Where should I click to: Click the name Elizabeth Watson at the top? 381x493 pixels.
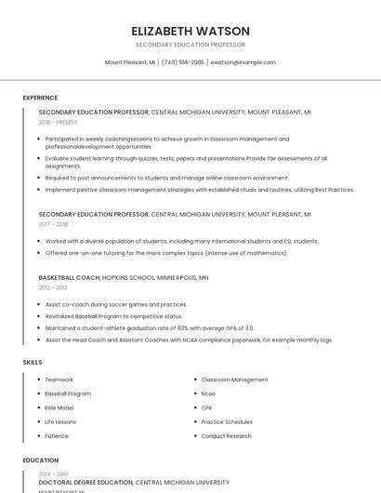tap(190, 30)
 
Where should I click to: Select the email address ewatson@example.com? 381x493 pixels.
tap(243, 62)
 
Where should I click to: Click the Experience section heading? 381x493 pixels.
tap(40, 98)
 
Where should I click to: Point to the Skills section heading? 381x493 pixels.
tap(33, 362)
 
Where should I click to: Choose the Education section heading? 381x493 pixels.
tap(40, 460)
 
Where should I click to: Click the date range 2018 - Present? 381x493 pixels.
tap(59, 122)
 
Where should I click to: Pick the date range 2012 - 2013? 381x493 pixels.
tap(53, 287)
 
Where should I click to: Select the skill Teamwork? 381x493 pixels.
tap(59, 380)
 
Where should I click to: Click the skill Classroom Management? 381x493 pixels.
tap(234, 380)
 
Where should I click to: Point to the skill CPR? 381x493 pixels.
tap(207, 407)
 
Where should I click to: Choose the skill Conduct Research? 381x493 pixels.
tap(226, 435)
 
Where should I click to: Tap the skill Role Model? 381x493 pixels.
tap(59, 407)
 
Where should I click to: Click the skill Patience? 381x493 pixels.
tap(57, 435)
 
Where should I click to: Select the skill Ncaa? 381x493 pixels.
tap(208, 393)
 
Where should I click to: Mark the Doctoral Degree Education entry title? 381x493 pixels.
tap(85, 483)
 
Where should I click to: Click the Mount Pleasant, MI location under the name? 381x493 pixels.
tap(130, 62)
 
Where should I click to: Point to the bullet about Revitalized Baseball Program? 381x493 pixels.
tap(113, 315)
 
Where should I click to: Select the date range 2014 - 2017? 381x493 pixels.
tap(53, 474)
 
